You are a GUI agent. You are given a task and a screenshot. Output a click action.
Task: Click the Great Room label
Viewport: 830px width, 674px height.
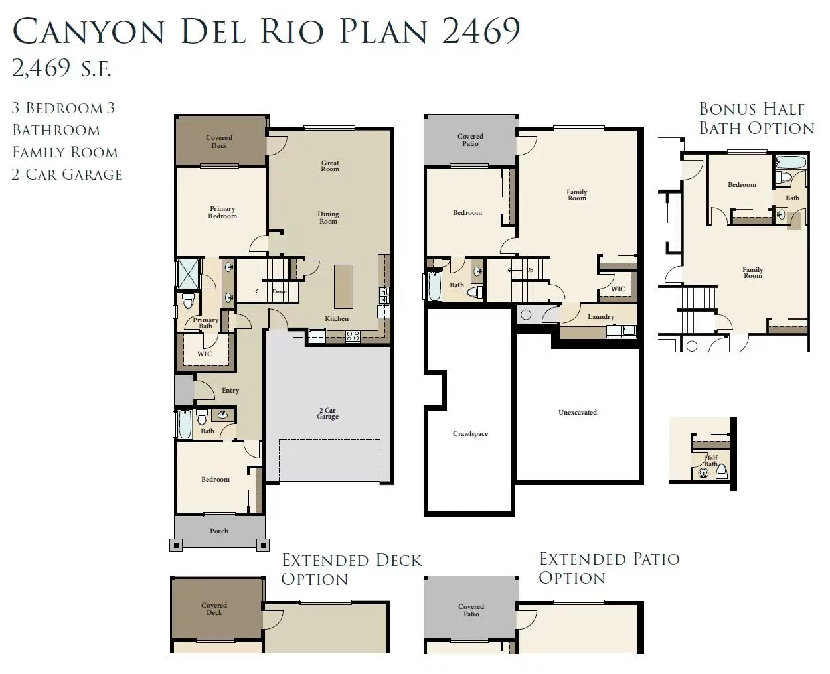pyautogui.click(x=330, y=166)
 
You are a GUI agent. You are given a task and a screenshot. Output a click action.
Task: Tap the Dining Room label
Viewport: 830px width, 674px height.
pyautogui.click(x=328, y=218)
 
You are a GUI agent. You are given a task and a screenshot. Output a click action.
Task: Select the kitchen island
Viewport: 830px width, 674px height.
pyautogui.click(x=343, y=287)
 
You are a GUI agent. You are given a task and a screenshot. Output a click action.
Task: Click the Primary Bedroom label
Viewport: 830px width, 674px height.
pyautogui.click(x=222, y=212)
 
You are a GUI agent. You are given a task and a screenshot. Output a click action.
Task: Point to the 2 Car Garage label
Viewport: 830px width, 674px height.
pyautogui.click(x=327, y=413)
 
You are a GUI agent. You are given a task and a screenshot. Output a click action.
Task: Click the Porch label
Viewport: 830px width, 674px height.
pyautogui.click(x=219, y=531)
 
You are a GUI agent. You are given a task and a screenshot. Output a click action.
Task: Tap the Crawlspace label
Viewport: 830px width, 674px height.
pyautogui.click(x=470, y=433)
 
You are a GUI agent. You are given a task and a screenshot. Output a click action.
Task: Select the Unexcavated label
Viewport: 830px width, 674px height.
pyautogui.click(x=578, y=412)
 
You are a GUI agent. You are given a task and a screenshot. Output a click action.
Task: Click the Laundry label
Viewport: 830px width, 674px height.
pyautogui.click(x=601, y=317)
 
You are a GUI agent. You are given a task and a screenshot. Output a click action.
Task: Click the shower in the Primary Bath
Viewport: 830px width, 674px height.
pyautogui.click(x=188, y=273)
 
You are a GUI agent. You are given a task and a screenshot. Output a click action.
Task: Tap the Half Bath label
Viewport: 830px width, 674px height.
pyautogui.click(x=710, y=461)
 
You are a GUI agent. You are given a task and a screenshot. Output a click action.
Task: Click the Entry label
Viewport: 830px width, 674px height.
pyautogui.click(x=230, y=391)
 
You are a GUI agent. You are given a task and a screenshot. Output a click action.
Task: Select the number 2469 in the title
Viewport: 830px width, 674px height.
pyautogui.click(x=481, y=31)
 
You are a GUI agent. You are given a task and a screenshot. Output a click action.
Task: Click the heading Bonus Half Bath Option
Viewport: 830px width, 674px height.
pyautogui.click(x=756, y=118)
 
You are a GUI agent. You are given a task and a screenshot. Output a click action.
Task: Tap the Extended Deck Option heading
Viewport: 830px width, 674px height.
pyautogui.click(x=351, y=570)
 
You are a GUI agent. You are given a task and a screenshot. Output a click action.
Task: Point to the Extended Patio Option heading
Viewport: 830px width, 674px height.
pyautogui.click(x=610, y=568)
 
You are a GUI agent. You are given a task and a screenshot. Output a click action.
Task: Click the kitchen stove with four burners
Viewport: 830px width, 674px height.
pyautogui.click(x=353, y=336)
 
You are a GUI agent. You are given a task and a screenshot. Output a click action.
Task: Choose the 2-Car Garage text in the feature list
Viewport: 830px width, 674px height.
pyautogui.click(x=66, y=174)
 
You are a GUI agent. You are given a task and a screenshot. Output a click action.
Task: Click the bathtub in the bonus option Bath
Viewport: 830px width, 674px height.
pyautogui.click(x=791, y=162)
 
